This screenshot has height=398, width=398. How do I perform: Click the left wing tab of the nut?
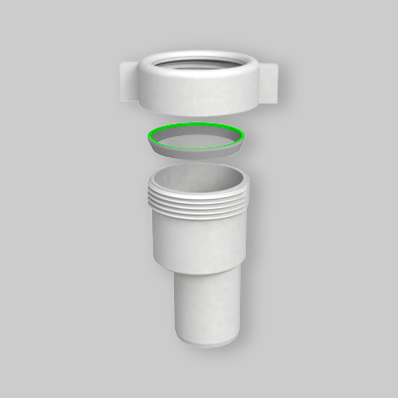(x=130, y=80)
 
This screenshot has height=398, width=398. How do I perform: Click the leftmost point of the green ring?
(x=147, y=136)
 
